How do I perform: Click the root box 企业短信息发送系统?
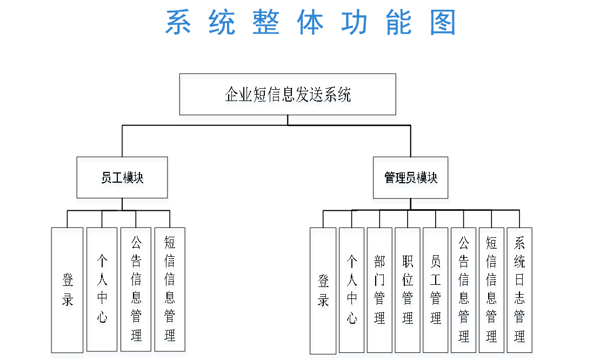[x=288, y=97]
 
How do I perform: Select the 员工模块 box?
[x=123, y=180]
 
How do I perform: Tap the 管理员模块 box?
[x=411, y=179]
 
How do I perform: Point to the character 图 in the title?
[x=443, y=23]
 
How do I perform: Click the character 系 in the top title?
[x=178, y=23]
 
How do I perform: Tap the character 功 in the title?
[x=355, y=23]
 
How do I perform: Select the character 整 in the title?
[x=266, y=23]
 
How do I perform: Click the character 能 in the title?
[x=399, y=23]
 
